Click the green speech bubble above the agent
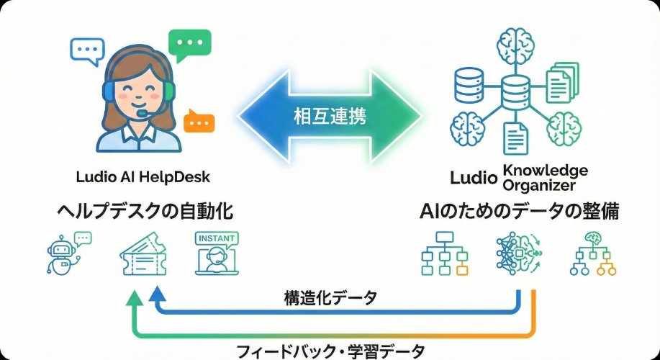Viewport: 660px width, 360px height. [189, 45]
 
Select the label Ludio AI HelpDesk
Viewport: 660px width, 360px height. [143, 176]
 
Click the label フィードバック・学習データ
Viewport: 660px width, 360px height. [330, 351]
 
